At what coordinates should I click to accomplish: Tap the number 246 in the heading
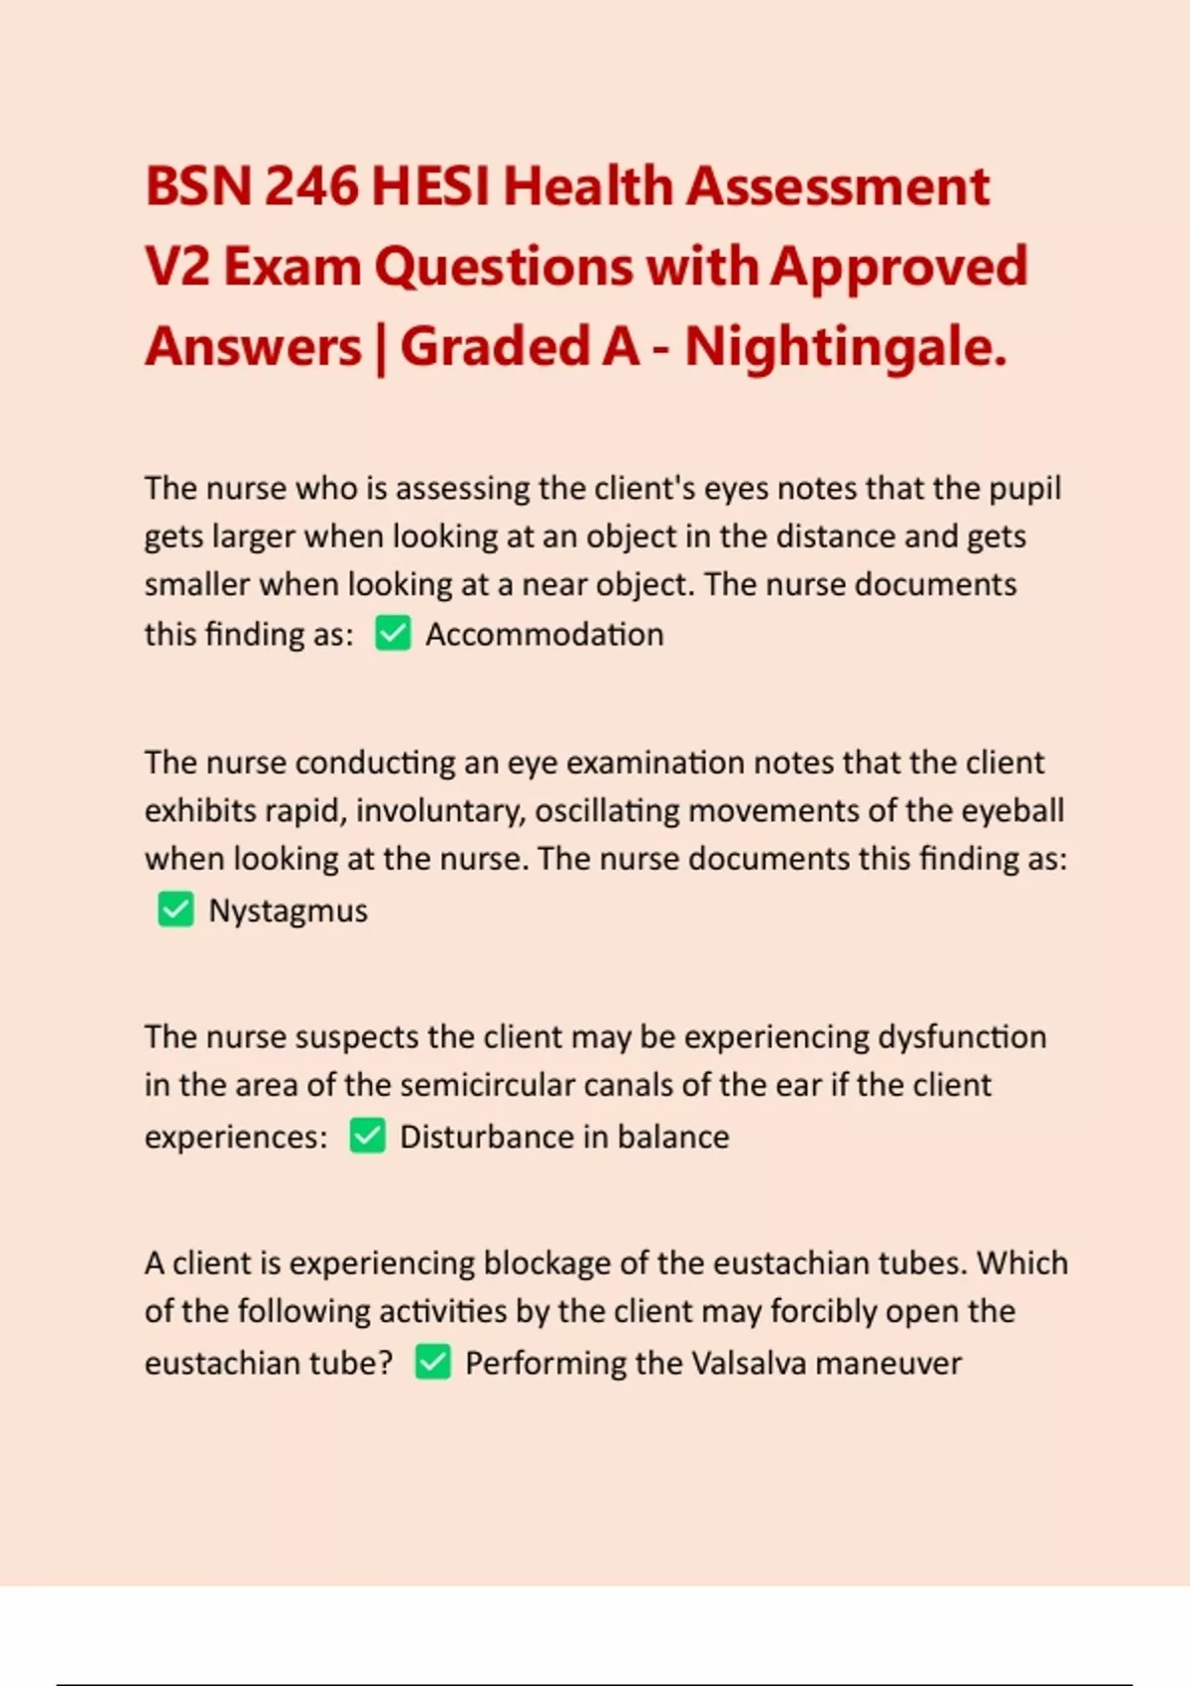pos(310,186)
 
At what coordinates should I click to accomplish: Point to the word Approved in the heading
pos(898,267)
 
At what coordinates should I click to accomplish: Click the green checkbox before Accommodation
pos(393,634)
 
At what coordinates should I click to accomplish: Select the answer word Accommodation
pos(544,635)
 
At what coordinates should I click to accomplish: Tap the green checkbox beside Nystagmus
pos(176,909)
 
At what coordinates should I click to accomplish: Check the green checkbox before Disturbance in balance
pos(367,1136)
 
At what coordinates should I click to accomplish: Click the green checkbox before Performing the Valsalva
pos(432,1362)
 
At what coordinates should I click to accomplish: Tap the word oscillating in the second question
pos(607,811)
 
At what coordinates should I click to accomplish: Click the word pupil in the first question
pos(1027,488)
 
